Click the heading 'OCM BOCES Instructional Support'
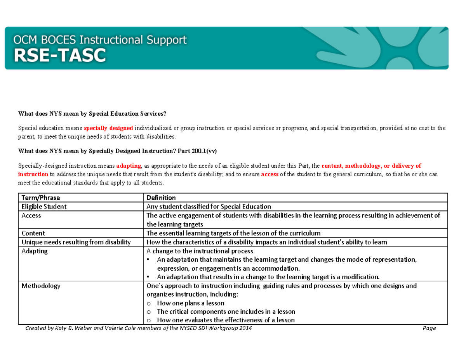pos(100,40)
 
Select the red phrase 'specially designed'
pos(109,128)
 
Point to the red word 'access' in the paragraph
pos(270,174)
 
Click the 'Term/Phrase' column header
pos(41,198)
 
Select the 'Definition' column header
pos(161,198)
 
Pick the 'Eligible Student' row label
pos(44,207)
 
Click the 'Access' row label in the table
pos(31,216)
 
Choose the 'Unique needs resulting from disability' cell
pos(76,242)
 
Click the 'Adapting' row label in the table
pos(34,251)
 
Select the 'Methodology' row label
pos(41,286)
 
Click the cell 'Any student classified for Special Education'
pos(208,207)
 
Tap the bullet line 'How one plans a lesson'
pos(191,303)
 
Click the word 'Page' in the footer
pos(429,329)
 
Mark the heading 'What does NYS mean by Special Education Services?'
pos(92,114)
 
